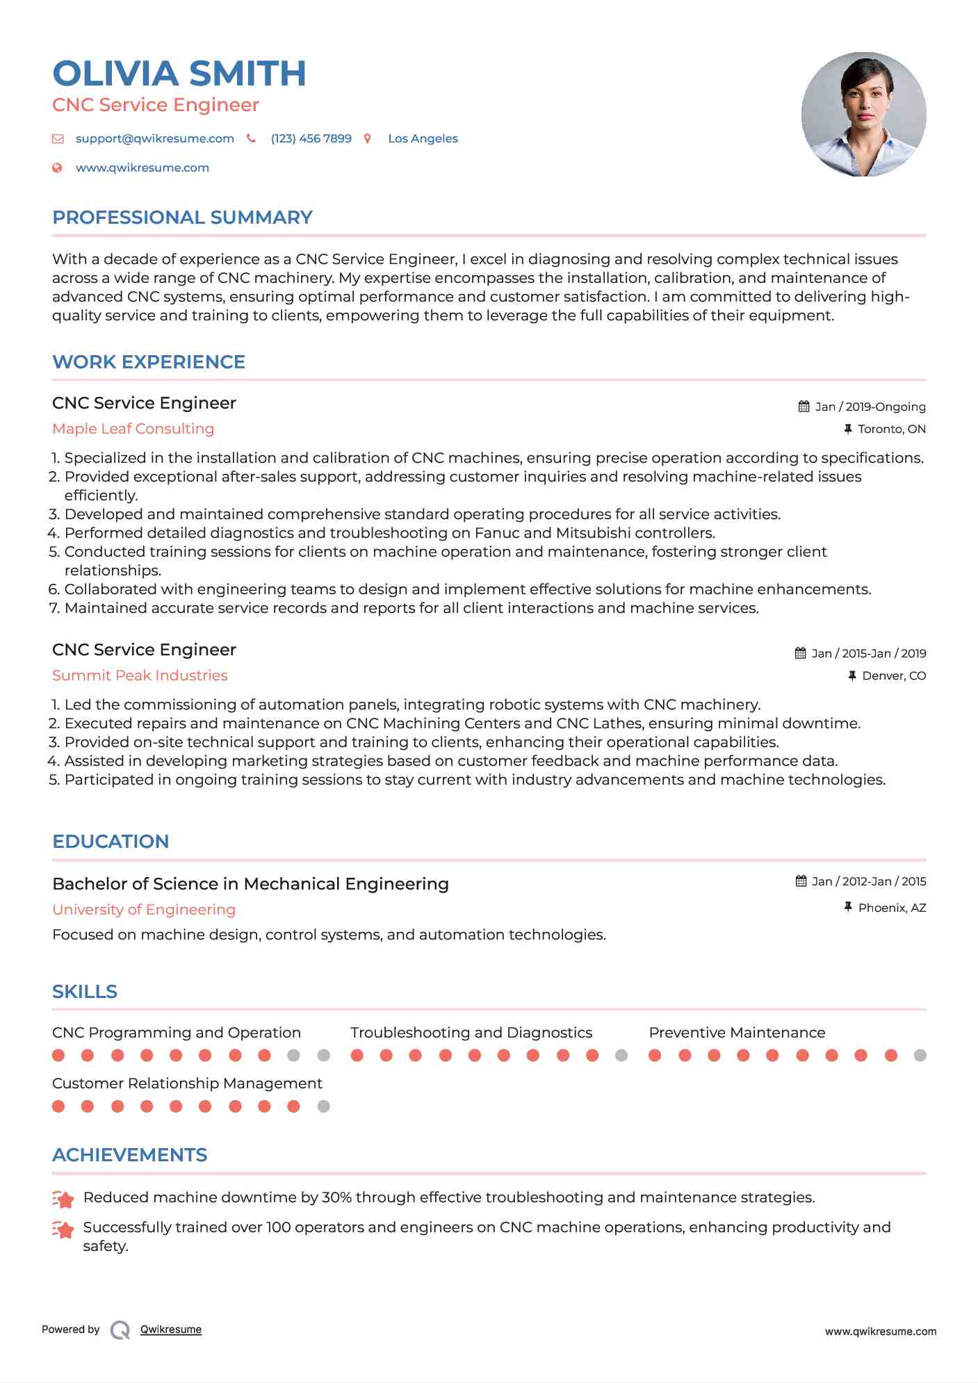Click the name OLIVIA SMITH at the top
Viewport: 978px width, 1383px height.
(179, 74)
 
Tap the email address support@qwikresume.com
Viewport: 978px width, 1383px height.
(154, 138)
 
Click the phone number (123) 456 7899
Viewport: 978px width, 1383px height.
(311, 138)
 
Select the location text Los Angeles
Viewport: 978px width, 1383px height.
(423, 138)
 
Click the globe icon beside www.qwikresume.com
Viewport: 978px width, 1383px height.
(58, 167)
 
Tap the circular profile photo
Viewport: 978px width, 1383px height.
(863, 114)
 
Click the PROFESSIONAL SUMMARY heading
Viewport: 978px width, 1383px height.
(182, 218)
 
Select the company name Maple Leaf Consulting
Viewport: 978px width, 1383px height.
(133, 429)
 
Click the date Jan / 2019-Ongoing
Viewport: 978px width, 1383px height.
(870, 407)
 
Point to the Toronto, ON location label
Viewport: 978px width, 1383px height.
(891, 429)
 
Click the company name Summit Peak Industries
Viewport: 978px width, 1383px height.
(140, 676)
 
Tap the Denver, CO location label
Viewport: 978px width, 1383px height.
(893, 676)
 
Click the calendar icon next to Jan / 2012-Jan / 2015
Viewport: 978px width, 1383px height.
(801, 881)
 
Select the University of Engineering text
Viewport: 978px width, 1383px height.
(144, 910)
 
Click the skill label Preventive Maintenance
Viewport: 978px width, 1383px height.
(737, 1033)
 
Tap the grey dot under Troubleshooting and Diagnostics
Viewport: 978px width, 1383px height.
(621, 1056)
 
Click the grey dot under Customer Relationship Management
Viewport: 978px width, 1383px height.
(323, 1106)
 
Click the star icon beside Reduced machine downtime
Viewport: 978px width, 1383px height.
(63, 1199)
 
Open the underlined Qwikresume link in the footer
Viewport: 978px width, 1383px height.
(171, 1329)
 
